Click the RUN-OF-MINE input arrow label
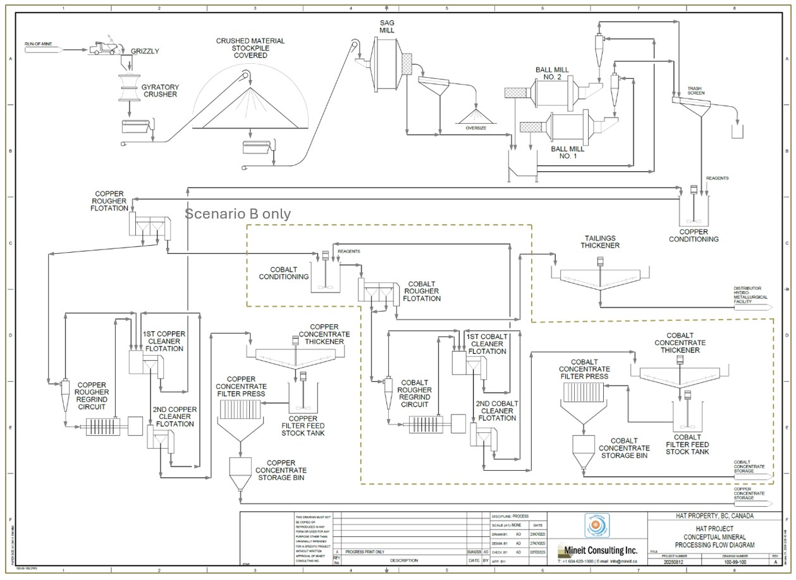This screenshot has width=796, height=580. (x=38, y=44)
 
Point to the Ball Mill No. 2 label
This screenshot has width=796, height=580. (x=551, y=73)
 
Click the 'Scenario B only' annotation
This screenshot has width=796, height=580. (x=238, y=214)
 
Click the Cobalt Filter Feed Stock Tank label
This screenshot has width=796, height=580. (x=687, y=444)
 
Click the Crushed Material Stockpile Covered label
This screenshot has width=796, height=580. (x=250, y=48)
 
